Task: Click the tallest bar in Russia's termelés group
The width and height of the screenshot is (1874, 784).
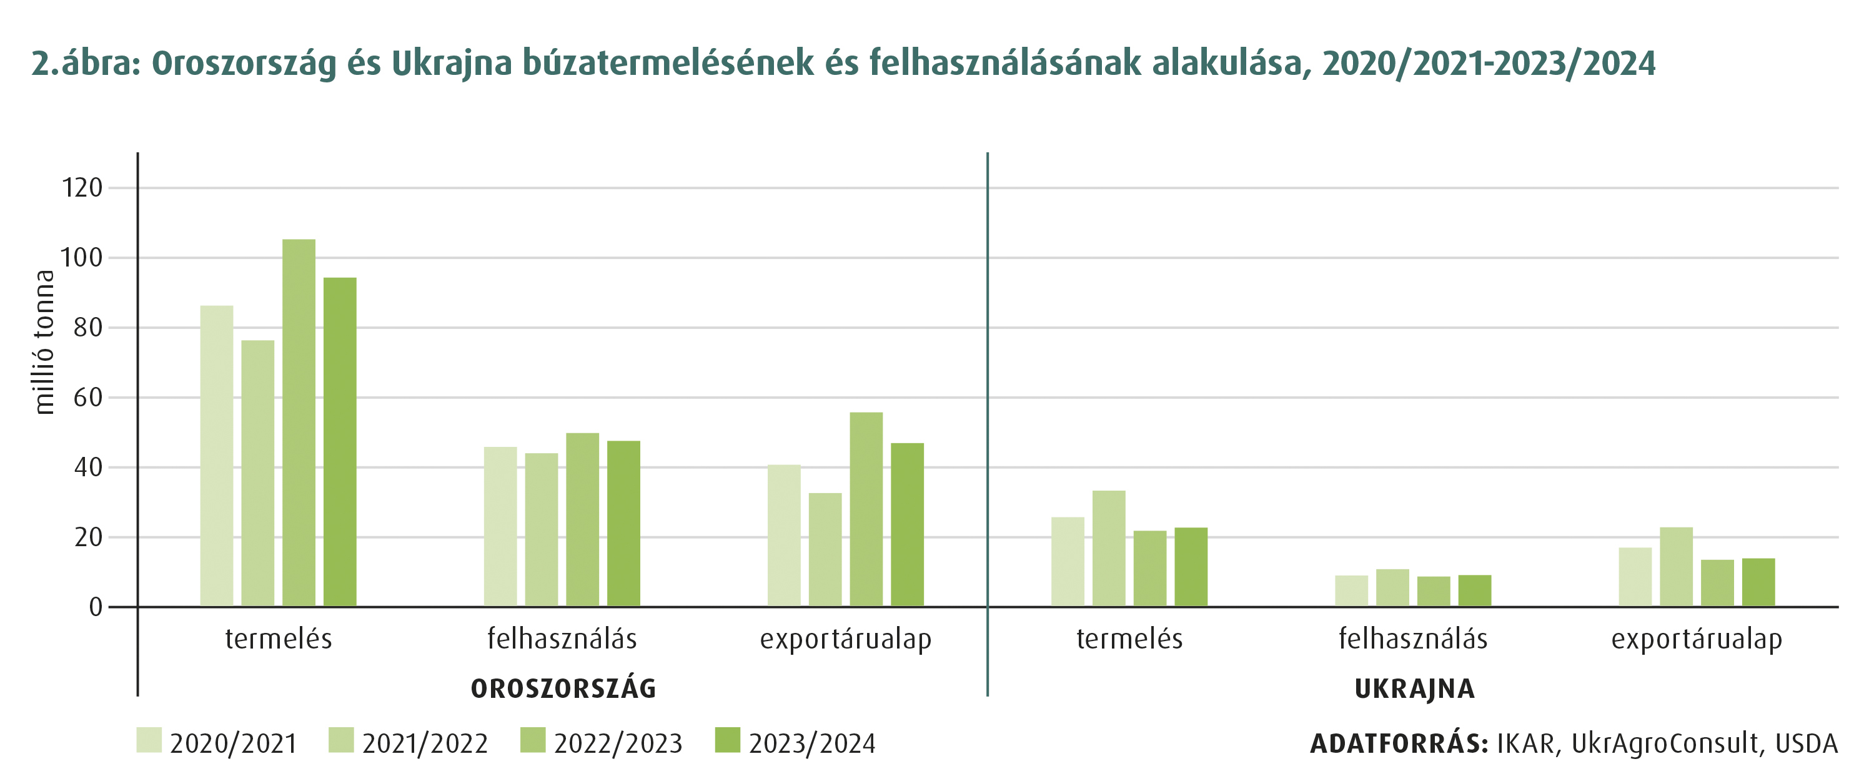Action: [x=299, y=423]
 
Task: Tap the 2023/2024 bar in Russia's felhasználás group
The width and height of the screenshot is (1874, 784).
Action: [x=623, y=524]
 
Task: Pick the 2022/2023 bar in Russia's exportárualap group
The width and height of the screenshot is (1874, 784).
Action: [x=866, y=509]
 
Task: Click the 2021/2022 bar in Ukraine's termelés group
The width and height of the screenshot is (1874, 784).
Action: [x=1109, y=549]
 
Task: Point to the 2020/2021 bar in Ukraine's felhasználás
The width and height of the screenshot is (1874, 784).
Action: [x=1351, y=590]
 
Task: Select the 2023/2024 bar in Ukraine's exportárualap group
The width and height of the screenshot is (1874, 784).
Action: [x=1758, y=582]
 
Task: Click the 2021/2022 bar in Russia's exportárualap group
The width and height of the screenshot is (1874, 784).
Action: [x=825, y=550]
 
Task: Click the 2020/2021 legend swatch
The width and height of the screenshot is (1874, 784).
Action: [x=149, y=740]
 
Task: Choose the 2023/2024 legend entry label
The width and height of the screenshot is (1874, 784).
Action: [x=812, y=744]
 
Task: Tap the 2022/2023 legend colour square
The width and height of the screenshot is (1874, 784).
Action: [x=532, y=740]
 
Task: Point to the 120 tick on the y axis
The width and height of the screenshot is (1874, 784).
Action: [x=82, y=188]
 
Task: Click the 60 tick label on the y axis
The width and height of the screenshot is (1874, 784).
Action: [x=88, y=398]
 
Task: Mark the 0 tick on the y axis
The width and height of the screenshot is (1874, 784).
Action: [x=96, y=607]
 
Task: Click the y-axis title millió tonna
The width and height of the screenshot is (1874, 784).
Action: [x=44, y=342]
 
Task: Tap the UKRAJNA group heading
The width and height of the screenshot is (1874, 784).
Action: [x=1414, y=688]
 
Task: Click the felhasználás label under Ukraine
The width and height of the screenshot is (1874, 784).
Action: [x=1413, y=639]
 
